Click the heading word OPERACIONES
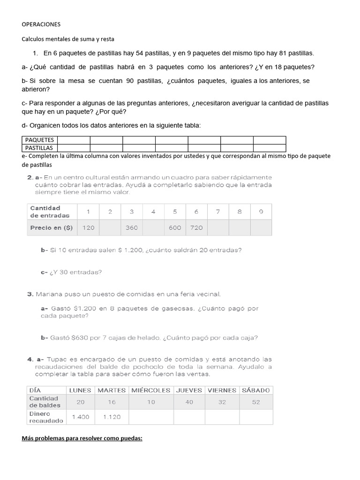click(x=41, y=24)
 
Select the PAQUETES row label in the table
click(x=39, y=140)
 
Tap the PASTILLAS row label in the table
click(x=39, y=148)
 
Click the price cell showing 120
click(x=88, y=227)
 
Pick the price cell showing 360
click(x=132, y=227)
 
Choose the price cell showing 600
click(x=175, y=227)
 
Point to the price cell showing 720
click(x=196, y=227)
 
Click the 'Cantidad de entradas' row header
click(x=50, y=211)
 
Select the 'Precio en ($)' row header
click(x=51, y=227)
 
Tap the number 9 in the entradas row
click(x=261, y=211)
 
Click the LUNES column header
click(x=80, y=390)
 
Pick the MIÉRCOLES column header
click(x=150, y=390)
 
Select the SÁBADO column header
click(x=255, y=390)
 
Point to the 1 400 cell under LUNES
click(x=80, y=417)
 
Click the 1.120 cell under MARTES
click(x=112, y=417)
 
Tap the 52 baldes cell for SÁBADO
click(x=255, y=402)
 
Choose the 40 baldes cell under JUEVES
click(x=189, y=402)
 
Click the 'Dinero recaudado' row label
click(x=46, y=417)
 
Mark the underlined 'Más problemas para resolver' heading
click(x=82, y=439)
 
